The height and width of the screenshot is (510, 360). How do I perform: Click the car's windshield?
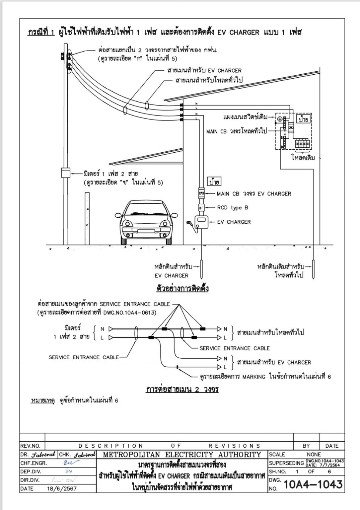point(146,208)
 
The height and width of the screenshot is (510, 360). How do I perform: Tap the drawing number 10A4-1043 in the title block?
point(313,484)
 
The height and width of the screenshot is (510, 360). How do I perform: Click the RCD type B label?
point(232,208)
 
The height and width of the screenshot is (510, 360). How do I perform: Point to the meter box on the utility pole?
point(66,173)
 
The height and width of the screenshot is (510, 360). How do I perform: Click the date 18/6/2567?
point(62,489)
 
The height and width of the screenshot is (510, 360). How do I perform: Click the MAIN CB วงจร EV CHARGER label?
point(254,194)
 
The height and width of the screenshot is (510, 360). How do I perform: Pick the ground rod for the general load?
point(314,269)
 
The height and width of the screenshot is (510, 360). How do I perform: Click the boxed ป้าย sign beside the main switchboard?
point(303,119)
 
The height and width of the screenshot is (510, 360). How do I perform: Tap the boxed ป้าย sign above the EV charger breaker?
point(214,182)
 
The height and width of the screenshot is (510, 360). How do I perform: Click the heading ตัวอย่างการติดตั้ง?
point(182,288)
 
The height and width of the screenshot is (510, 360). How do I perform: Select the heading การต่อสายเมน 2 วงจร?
point(182,389)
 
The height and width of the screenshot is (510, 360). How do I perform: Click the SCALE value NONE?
point(313,454)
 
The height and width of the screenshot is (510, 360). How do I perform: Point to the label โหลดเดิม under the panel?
point(303,157)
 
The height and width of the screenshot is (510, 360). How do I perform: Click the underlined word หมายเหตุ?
point(43,400)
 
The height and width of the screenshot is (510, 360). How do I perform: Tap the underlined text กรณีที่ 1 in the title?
point(41,32)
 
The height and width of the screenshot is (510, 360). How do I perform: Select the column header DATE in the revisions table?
point(332,446)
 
